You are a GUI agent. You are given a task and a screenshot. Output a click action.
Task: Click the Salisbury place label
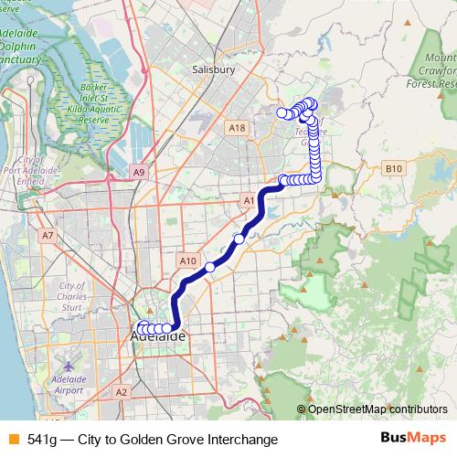pyautogui.click(x=215, y=69)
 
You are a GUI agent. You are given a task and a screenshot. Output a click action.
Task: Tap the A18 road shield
pyautogui.click(x=238, y=128)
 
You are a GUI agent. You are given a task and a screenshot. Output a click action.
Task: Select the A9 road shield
pyautogui.click(x=139, y=171)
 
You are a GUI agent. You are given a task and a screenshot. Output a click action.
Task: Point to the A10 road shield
pyautogui.click(x=188, y=261)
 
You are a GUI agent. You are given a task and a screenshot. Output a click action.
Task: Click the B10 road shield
pyautogui.click(x=394, y=168)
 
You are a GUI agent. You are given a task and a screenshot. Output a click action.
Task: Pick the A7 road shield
pyautogui.click(x=48, y=235)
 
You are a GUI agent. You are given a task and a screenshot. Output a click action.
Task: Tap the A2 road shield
pyautogui.click(x=122, y=391)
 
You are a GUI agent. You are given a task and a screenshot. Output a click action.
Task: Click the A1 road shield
pyautogui.click(x=250, y=199)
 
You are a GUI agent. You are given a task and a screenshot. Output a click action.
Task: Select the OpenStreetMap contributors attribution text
pyautogui.click(x=377, y=409)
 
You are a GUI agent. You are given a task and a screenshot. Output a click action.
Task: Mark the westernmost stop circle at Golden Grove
pyautogui.click(x=282, y=112)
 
